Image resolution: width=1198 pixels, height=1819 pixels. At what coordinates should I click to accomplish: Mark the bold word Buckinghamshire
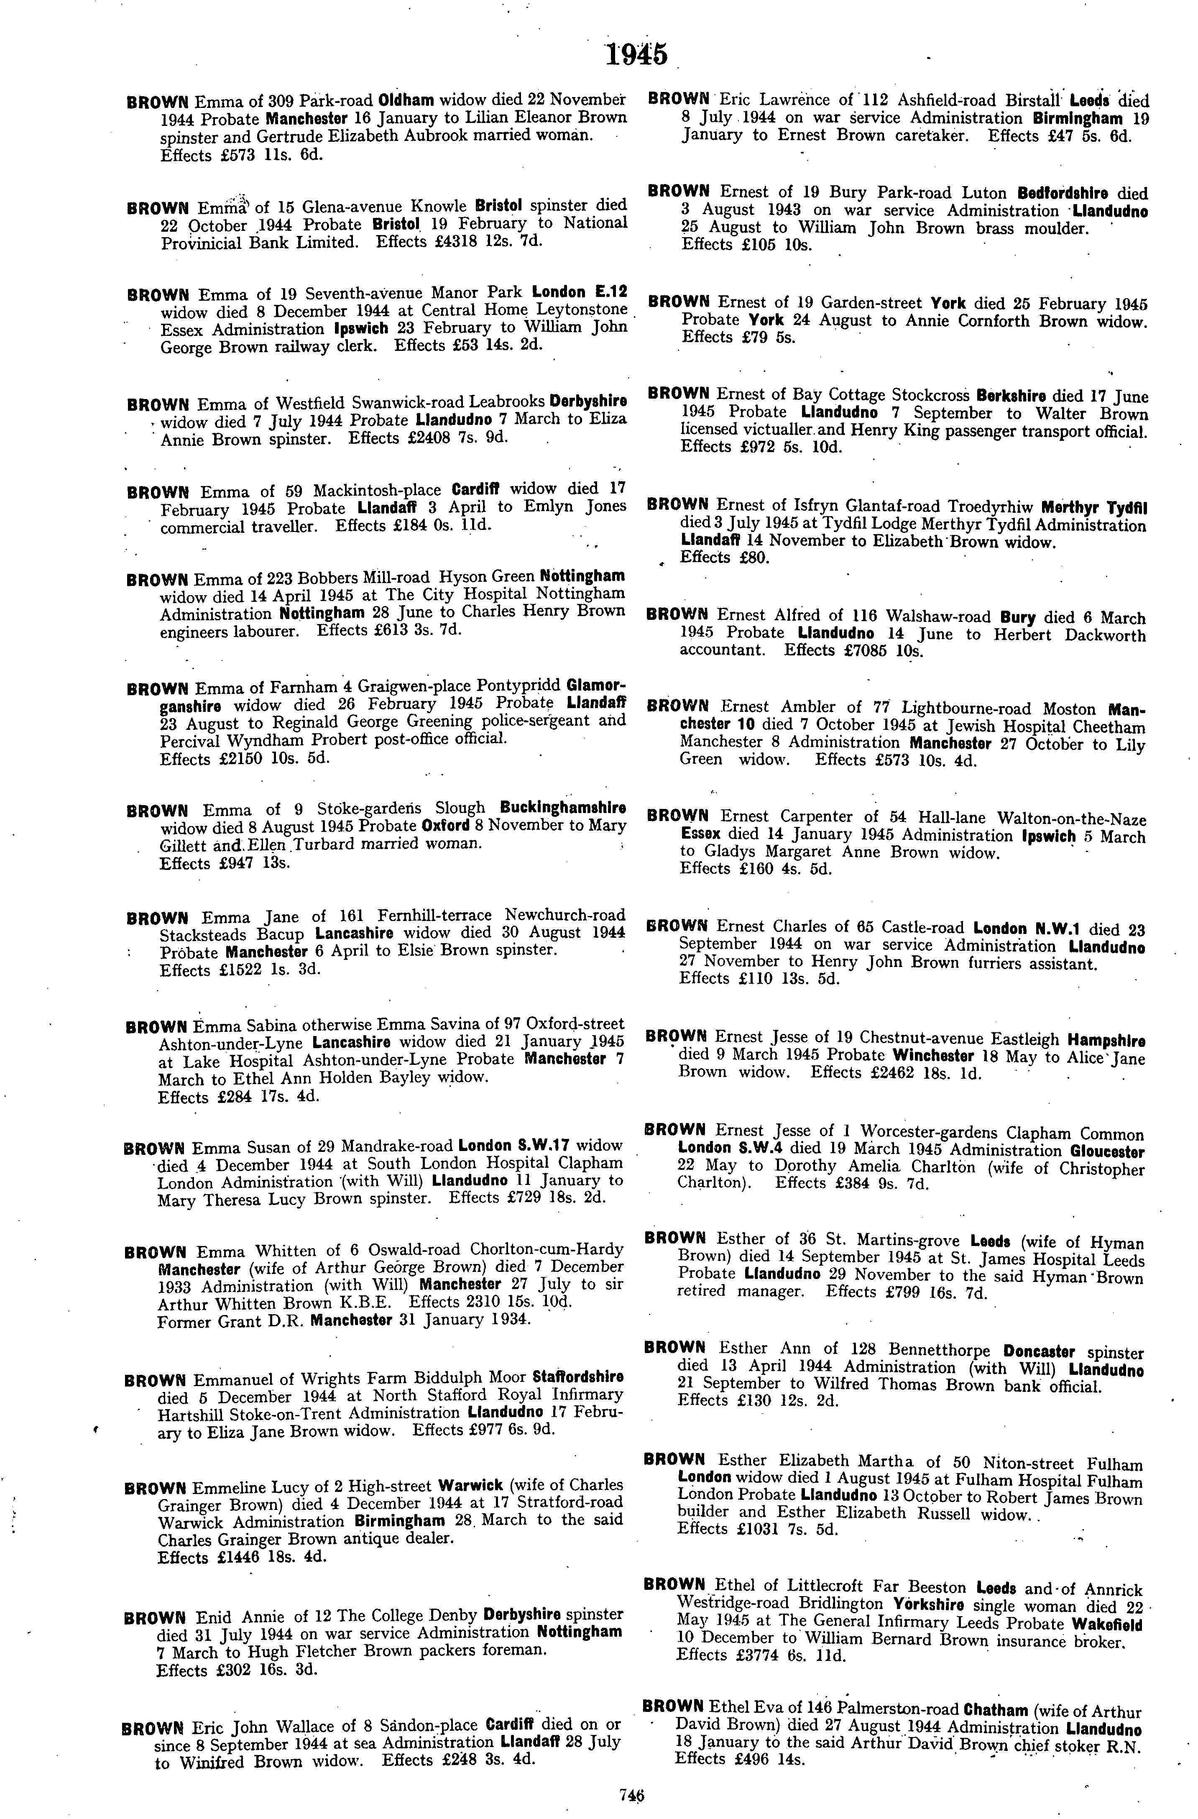(x=563, y=808)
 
